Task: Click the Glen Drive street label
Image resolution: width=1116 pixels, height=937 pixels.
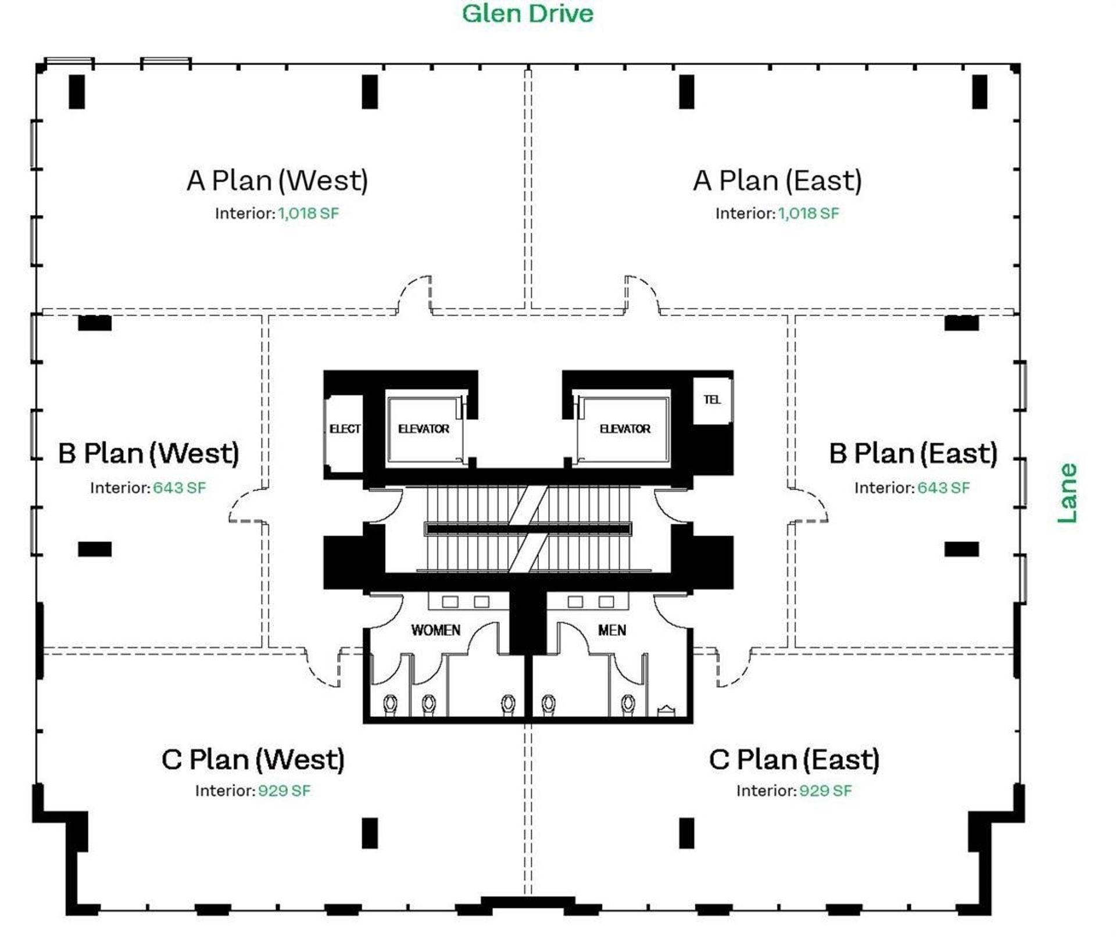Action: pyautogui.click(x=527, y=13)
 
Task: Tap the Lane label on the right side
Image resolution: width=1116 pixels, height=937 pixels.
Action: pyautogui.click(x=1067, y=493)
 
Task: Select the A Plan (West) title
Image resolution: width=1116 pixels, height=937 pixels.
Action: pyautogui.click(x=277, y=180)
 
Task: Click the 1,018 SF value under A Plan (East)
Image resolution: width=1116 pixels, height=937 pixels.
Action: pyautogui.click(x=809, y=213)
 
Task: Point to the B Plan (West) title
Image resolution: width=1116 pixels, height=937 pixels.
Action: pyautogui.click(x=149, y=453)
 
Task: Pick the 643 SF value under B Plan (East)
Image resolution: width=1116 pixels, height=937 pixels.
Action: pyautogui.click(x=943, y=488)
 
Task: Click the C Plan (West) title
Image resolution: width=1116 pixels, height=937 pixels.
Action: pyautogui.click(x=253, y=760)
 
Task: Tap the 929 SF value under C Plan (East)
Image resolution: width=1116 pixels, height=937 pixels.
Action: pyautogui.click(x=825, y=791)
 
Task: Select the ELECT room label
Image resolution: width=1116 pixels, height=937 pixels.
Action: pyautogui.click(x=345, y=429)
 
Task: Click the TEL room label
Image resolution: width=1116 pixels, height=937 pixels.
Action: pyautogui.click(x=712, y=399)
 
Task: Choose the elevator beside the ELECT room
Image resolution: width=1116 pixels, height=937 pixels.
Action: pyautogui.click(x=424, y=429)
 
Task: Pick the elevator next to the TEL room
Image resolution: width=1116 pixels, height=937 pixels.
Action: pyautogui.click(x=624, y=429)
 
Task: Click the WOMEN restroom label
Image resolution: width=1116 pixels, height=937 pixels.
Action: pyautogui.click(x=435, y=630)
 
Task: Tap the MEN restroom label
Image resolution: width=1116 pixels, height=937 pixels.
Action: pyautogui.click(x=612, y=630)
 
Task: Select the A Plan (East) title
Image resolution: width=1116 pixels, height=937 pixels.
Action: pyautogui.click(x=777, y=180)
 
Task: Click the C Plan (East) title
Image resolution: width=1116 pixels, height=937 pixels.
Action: pyautogui.click(x=794, y=760)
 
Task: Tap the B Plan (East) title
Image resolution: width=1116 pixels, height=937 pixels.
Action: pyautogui.click(x=913, y=453)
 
